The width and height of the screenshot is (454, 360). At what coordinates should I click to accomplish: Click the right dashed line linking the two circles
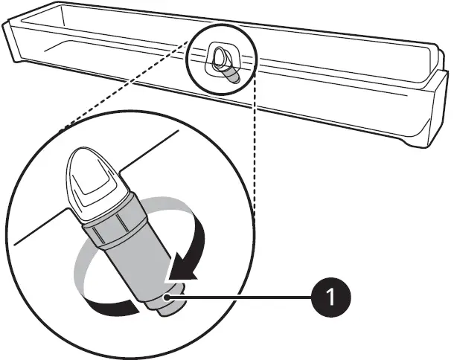(254, 149)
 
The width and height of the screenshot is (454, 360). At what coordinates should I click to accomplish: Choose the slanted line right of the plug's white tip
(149, 149)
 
